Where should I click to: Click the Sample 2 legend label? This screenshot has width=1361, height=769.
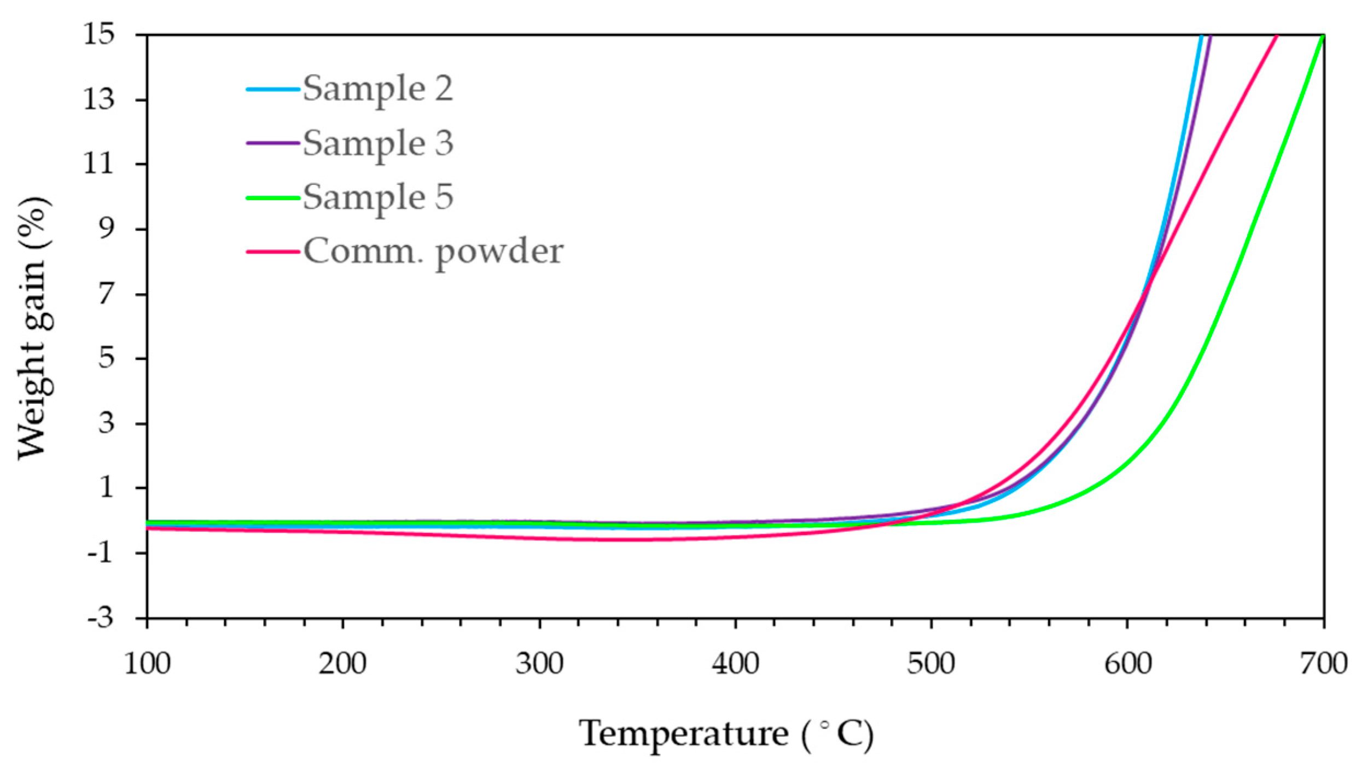(377, 89)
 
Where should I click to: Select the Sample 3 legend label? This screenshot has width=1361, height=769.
(377, 143)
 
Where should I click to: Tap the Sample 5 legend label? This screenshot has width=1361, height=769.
(377, 197)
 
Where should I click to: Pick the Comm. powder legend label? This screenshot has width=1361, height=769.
(433, 252)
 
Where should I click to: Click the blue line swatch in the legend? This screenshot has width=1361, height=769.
(273, 89)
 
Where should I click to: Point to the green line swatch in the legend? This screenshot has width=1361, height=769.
(273, 197)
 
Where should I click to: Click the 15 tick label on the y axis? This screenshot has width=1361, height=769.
(99, 35)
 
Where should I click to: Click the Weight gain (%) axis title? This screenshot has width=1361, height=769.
(34, 328)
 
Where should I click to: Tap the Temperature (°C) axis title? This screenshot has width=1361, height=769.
(726, 734)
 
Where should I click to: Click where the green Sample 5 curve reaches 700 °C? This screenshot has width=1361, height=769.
(1323, 36)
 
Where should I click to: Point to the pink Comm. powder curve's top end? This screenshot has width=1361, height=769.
(1276, 37)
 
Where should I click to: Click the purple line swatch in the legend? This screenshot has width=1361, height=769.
(273, 143)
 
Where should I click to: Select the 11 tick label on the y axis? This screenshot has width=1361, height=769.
(99, 164)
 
